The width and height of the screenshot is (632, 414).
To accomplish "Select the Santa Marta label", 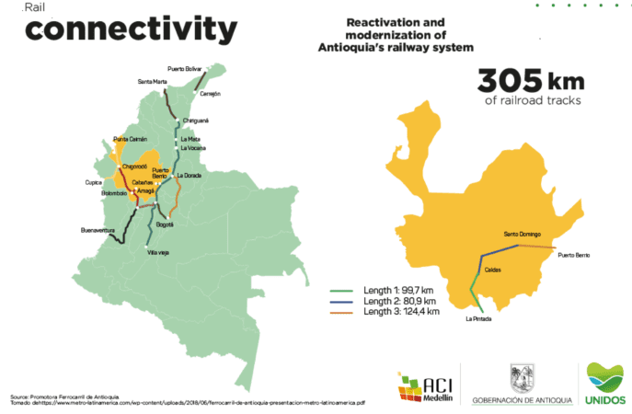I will click(153, 82).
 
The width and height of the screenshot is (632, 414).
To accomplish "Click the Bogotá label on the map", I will click(165, 224).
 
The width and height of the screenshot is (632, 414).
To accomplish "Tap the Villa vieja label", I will click(158, 252).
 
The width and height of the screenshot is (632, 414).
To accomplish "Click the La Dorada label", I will click(189, 175).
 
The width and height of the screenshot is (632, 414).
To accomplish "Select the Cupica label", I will click(93, 182).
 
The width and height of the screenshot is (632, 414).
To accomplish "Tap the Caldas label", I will click(492, 270).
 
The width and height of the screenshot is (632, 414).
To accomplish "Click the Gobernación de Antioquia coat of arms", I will click(521, 378).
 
